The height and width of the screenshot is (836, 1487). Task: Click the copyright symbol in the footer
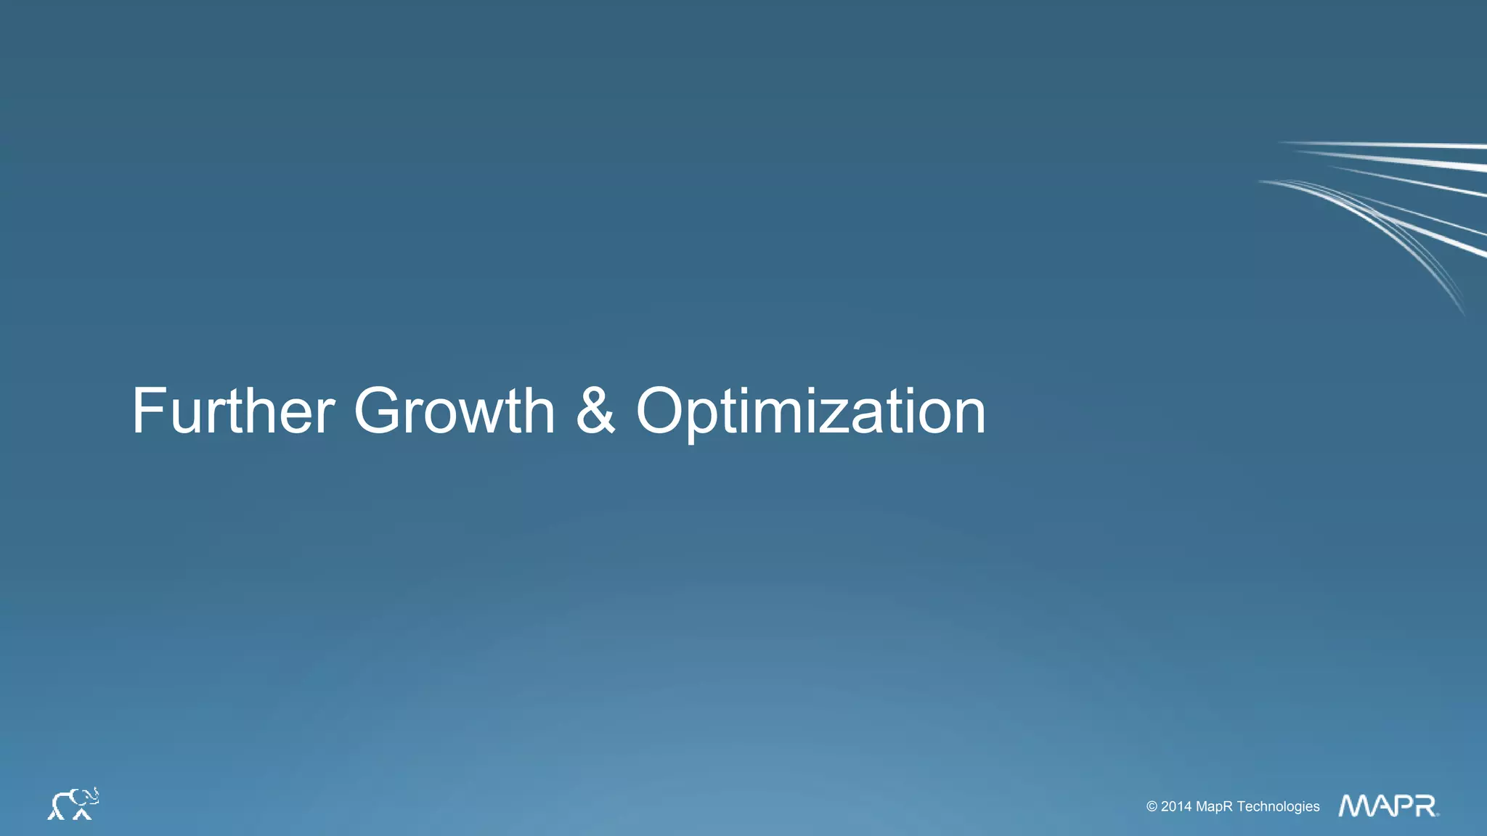coord(1152,806)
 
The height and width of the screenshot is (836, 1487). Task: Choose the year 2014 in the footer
coord(1176,806)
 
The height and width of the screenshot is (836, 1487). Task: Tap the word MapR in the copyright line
coord(1214,806)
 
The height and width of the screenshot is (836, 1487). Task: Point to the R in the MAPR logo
coord(1425,806)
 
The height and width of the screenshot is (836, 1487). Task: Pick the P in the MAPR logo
coord(1400,806)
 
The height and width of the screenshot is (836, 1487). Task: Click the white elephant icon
coord(73,804)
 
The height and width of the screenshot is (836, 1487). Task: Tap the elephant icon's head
coord(87,798)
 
